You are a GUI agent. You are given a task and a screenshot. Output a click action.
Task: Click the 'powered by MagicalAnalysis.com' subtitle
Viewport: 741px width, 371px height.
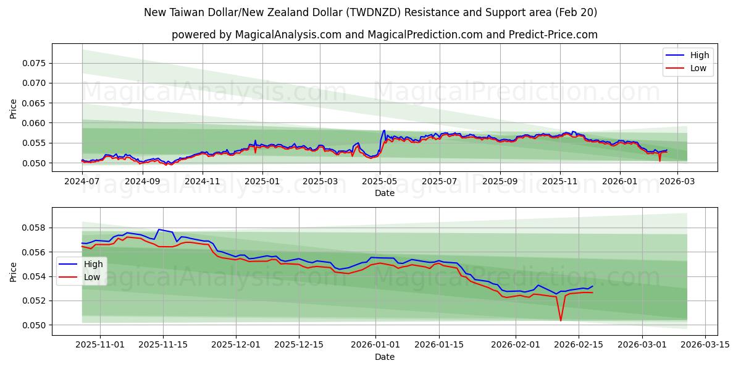click(384, 35)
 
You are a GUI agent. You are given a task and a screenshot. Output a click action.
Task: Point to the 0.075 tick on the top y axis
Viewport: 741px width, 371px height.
click(35, 63)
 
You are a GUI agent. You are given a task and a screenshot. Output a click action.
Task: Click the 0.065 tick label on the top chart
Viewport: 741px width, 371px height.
click(35, 103)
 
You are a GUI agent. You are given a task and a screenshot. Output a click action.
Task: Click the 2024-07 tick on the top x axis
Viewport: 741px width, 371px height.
click(82, 182)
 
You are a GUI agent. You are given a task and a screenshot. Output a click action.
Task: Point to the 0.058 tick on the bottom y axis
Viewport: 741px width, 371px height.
click(35, 228)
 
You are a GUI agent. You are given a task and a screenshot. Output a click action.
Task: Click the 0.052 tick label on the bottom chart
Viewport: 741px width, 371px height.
click(35, 301)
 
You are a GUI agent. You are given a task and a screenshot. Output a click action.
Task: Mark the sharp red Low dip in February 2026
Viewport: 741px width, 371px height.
click(561, 320)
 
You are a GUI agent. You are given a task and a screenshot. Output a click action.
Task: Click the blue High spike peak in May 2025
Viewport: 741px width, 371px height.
click(384, 130)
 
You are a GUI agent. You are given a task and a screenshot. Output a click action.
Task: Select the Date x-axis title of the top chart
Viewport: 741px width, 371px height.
click(384, 193)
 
